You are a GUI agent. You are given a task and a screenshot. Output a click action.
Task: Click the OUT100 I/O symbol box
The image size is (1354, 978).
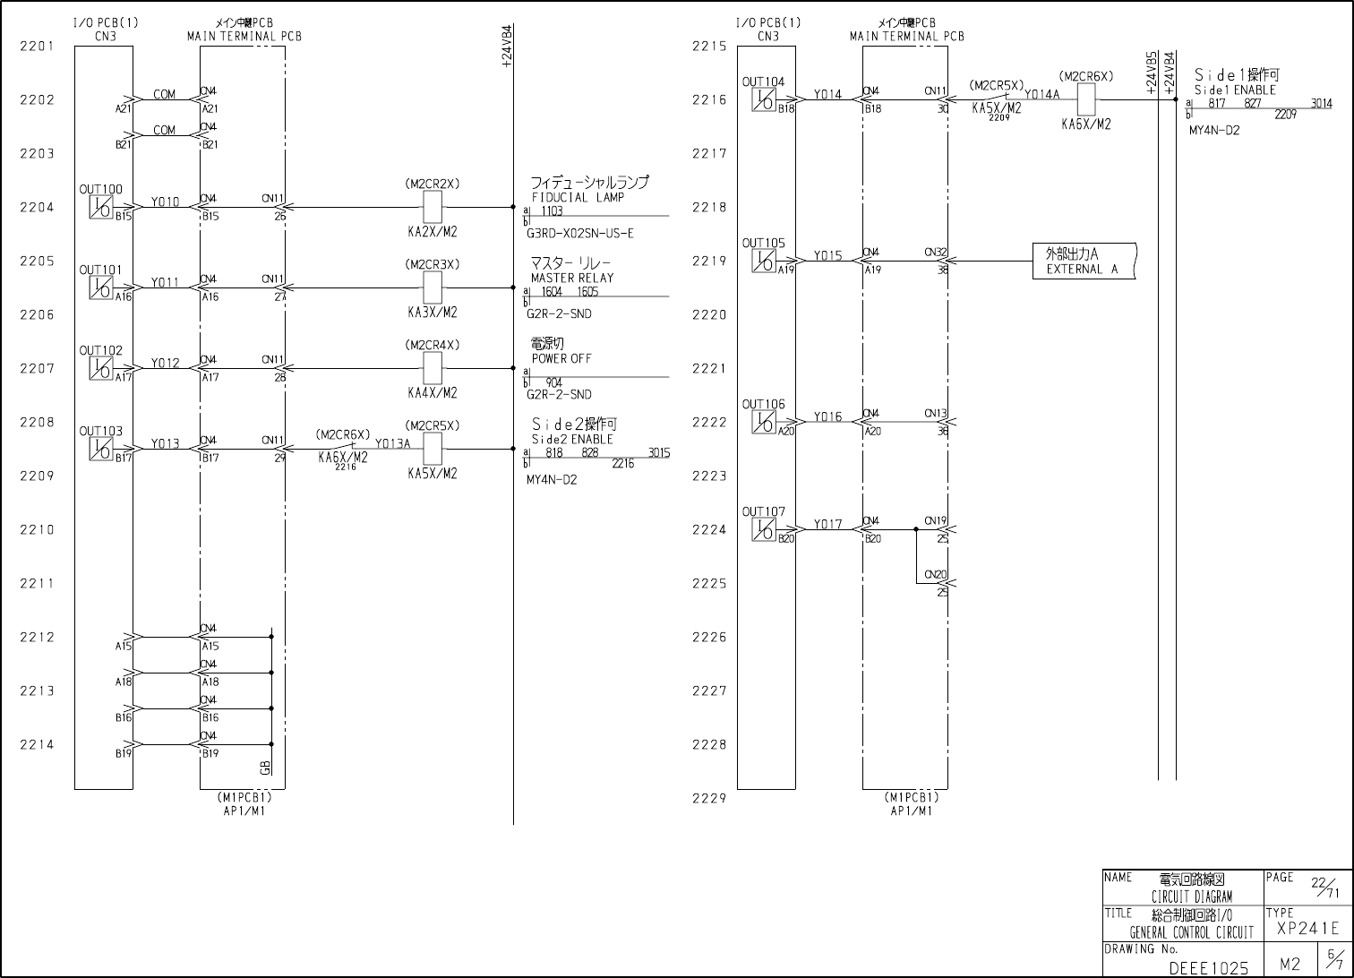pyautogui.click(x=100, y=208)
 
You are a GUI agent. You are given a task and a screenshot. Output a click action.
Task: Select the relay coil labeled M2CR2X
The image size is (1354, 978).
pyautogui.click(x=433, y=208)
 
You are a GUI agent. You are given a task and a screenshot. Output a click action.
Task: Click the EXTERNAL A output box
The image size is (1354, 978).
pyautogui.click(x=1084, y=262)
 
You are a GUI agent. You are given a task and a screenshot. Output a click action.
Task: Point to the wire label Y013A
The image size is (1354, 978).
pyautogui.click(x=392, y=443)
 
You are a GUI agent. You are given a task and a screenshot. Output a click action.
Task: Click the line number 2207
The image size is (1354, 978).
pyautogui.click(x=37, y=368)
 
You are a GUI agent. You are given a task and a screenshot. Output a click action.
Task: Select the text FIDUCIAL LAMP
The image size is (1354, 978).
pyautogui.click(x=578, y=197)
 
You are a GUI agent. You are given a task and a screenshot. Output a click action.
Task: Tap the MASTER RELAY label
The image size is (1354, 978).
pyautogui.click(x=572, y=278)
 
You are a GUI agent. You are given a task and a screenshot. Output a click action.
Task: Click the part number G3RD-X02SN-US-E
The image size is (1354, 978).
pyautogui.click(x=579, y=234)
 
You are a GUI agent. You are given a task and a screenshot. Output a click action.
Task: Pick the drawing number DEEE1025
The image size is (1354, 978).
pyautogui.click(x=1208, y=968)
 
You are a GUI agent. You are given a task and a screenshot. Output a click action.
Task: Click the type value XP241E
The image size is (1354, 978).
pyautogui.click(x=1307, y=929)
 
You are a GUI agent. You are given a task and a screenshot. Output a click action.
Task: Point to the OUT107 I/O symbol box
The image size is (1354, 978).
pyautogui.click(x=763, y=530)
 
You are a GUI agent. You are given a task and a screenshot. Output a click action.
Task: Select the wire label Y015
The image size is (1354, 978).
pyautogui.click(x=827, y=256)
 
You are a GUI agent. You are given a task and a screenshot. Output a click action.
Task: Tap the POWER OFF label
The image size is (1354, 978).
pyautogui.click(x=561, y=358)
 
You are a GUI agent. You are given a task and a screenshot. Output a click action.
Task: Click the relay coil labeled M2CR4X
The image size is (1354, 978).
pyautogui.click(x=433, y=368)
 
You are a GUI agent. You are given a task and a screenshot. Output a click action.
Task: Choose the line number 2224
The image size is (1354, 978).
pyautogui.click(x=709, y=529)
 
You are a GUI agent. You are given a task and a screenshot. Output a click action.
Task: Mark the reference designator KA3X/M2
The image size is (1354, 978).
pyautogui.click(x=433, y=313)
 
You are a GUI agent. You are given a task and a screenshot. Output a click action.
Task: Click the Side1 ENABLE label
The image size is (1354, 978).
pyautogui.click(x=1235, y=90)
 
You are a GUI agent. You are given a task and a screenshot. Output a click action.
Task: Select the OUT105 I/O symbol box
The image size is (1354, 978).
pyautogui.click(x=763, y=262)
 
